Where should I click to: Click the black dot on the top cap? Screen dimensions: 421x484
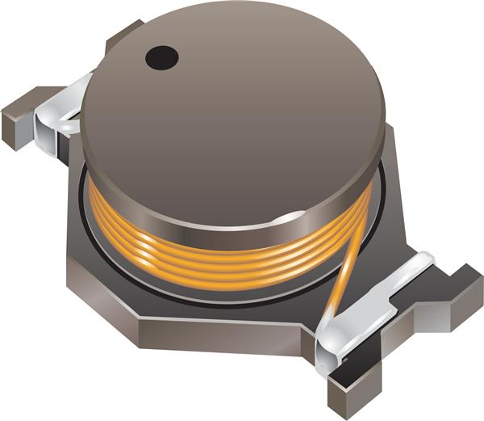pyautogui.click(x=161, y=57)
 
